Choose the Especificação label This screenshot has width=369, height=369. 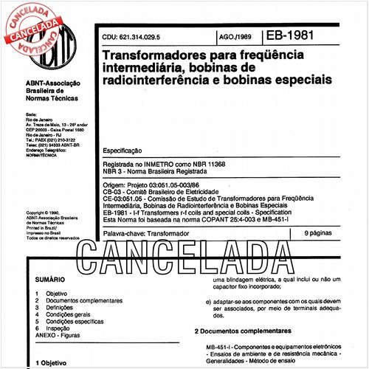pos(126,150)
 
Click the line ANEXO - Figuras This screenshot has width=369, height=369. pos(61,334)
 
